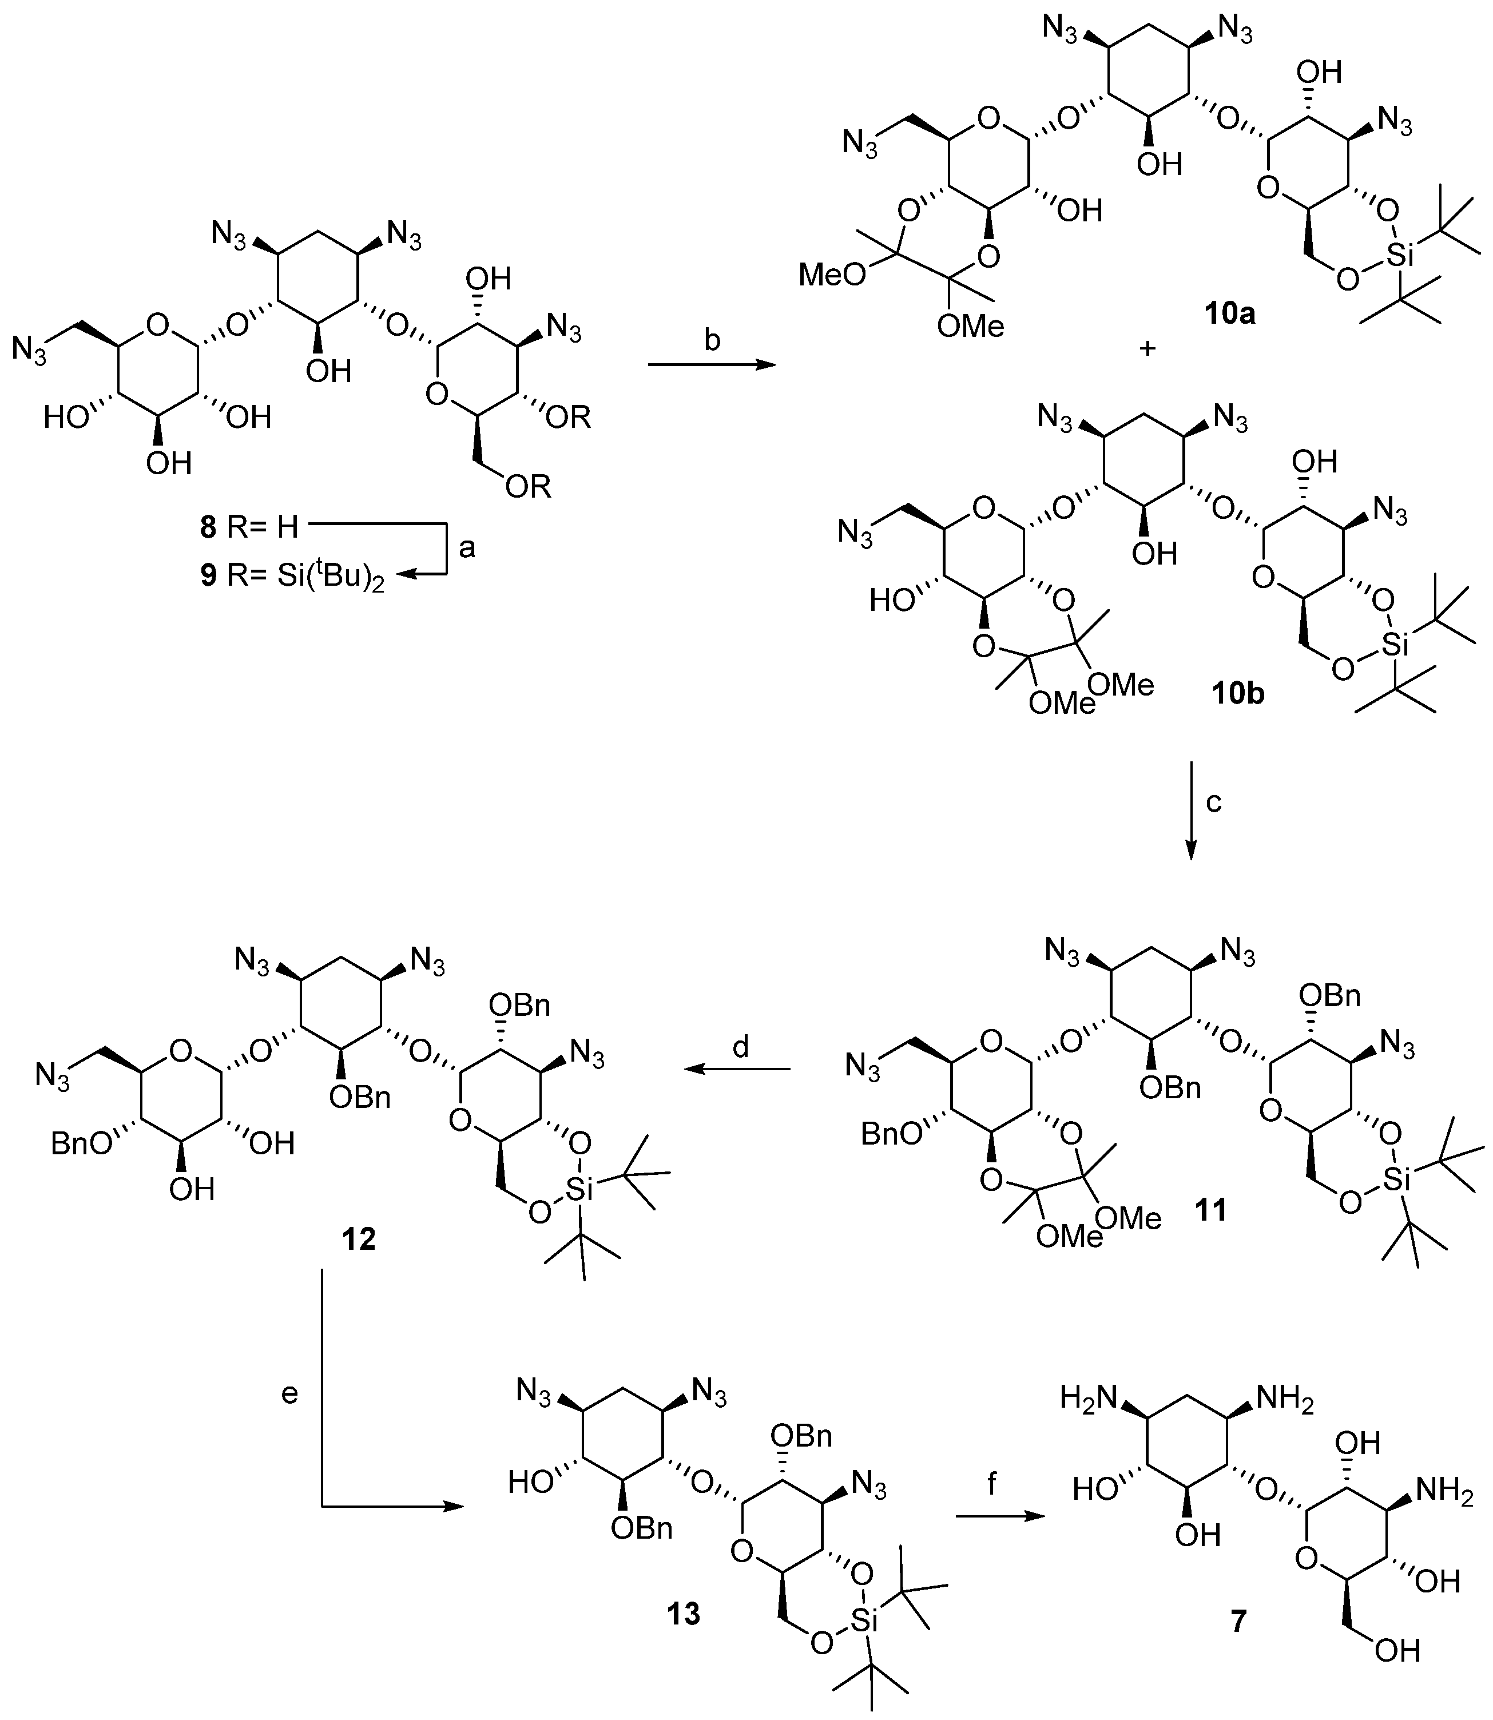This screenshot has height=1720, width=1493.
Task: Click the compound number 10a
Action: tap(1229, 314)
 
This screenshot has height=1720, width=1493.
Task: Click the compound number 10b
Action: tap(1236, 694)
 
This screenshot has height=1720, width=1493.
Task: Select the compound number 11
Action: tap(1212, 1209)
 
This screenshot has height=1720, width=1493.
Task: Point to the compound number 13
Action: tap(683, 1614)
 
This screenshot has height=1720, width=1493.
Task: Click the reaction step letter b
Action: tap(712, 341)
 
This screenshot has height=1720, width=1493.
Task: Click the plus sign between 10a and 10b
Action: tap(1147, 349)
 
